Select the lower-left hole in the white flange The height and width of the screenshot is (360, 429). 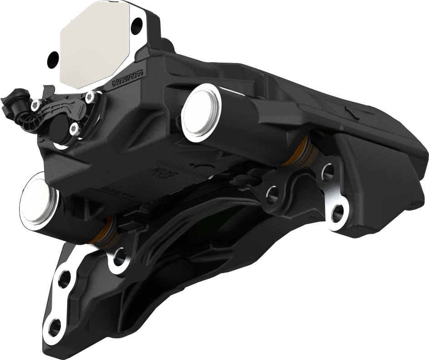[54, 58]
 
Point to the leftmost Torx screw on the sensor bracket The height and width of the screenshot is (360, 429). [35, 105]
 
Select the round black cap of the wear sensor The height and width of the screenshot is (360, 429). [59, 125]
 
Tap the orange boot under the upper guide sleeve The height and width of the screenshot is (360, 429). [299, 150]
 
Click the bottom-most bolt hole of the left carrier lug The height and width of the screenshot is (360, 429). [54, 327]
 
